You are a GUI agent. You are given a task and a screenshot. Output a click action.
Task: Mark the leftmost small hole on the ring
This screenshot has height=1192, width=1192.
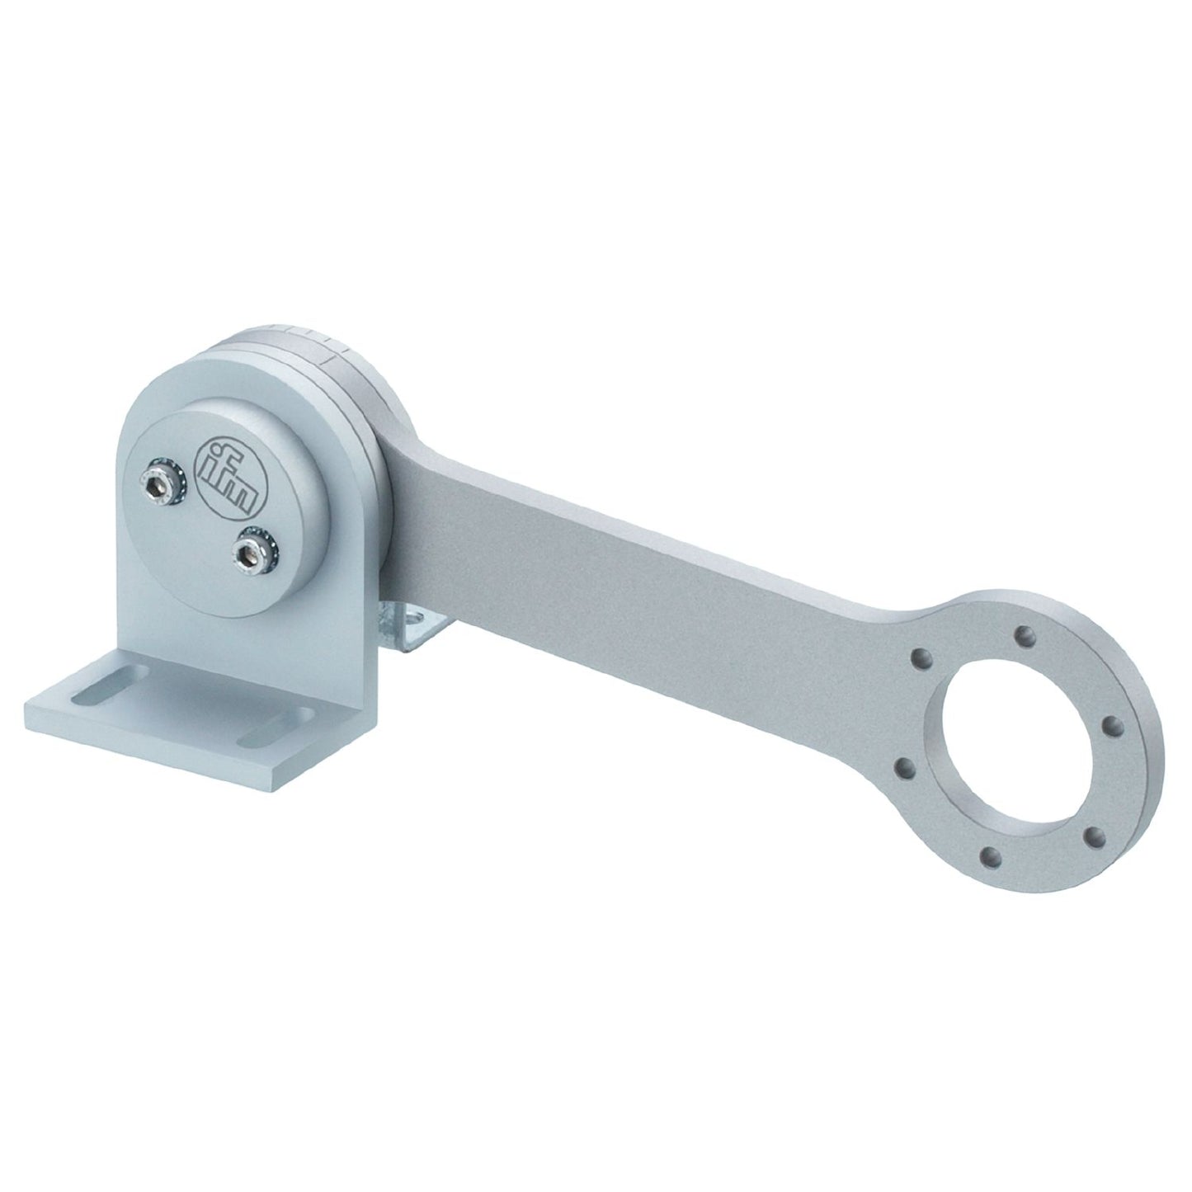point(905,768)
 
